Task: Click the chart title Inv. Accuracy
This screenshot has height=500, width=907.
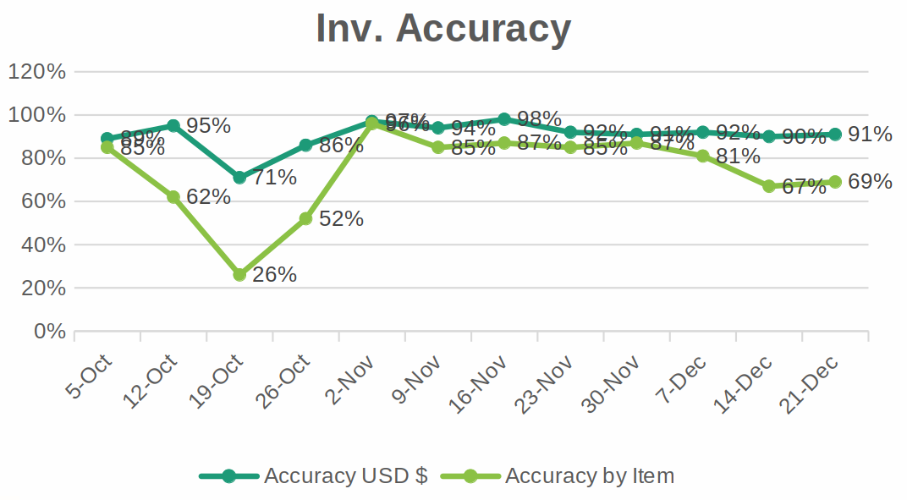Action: (443, 29)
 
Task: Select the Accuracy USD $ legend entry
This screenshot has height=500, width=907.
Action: (345, 476)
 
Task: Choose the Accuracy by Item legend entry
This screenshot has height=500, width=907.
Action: (589, 476)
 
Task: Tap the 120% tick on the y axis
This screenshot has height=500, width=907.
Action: (37, 72)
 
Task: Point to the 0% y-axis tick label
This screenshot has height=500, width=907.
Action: (50, 332)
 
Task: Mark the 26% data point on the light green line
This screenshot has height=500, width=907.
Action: (239, 275)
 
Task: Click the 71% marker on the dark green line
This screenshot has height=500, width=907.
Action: (239, 178)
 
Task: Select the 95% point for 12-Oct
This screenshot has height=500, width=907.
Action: (173, 125)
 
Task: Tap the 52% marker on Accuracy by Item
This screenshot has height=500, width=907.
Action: (305, 218)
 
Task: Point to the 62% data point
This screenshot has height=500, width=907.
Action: (173, 197)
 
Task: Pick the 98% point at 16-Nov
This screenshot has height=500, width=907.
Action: (504, 119)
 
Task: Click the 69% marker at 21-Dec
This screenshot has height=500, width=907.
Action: (835, 182)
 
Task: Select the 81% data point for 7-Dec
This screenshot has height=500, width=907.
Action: (703, 156)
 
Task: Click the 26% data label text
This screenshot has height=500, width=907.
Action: (274, 275)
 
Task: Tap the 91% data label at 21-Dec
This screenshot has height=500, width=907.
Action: (870, 134)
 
